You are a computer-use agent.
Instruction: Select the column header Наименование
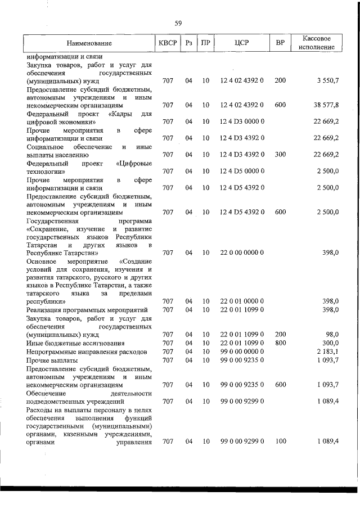(89, 43)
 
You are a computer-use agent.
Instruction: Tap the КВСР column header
(168, 43)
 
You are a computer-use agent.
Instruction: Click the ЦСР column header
(241, 43)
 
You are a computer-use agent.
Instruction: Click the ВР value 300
(280, 154)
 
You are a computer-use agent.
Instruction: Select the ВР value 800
(280, 343)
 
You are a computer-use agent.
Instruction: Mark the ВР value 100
(280, 442)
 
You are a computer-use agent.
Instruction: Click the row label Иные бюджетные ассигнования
(76, 343)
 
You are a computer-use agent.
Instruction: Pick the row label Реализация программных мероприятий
(87, 310)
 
